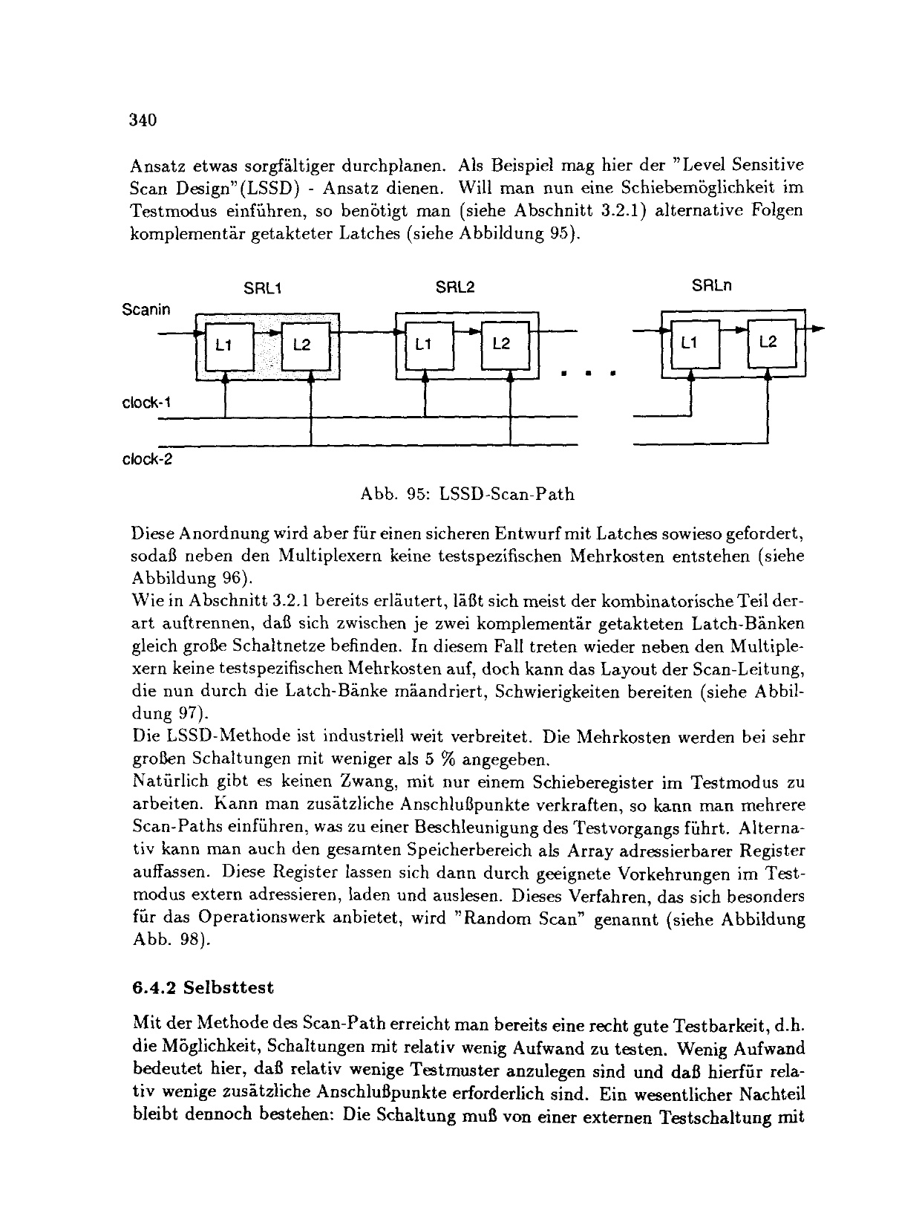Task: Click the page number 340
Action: click(x=142, y=120)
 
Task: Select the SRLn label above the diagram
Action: click(x=712, y=286)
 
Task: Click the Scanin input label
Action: click(x=146, y=309)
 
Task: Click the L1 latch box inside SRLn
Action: click(x=690, y=343)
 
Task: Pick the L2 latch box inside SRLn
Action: click(x=769, y=343)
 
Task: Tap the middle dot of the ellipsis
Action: click(x=587, y=374)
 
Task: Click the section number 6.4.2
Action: click(x=153, y=989)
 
